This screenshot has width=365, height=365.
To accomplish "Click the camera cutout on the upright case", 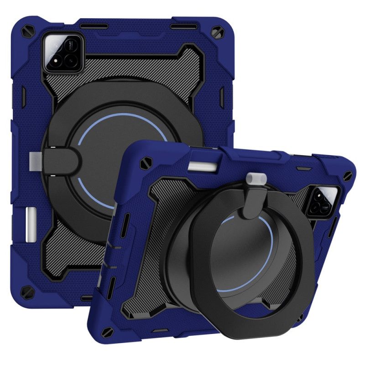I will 64,53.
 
